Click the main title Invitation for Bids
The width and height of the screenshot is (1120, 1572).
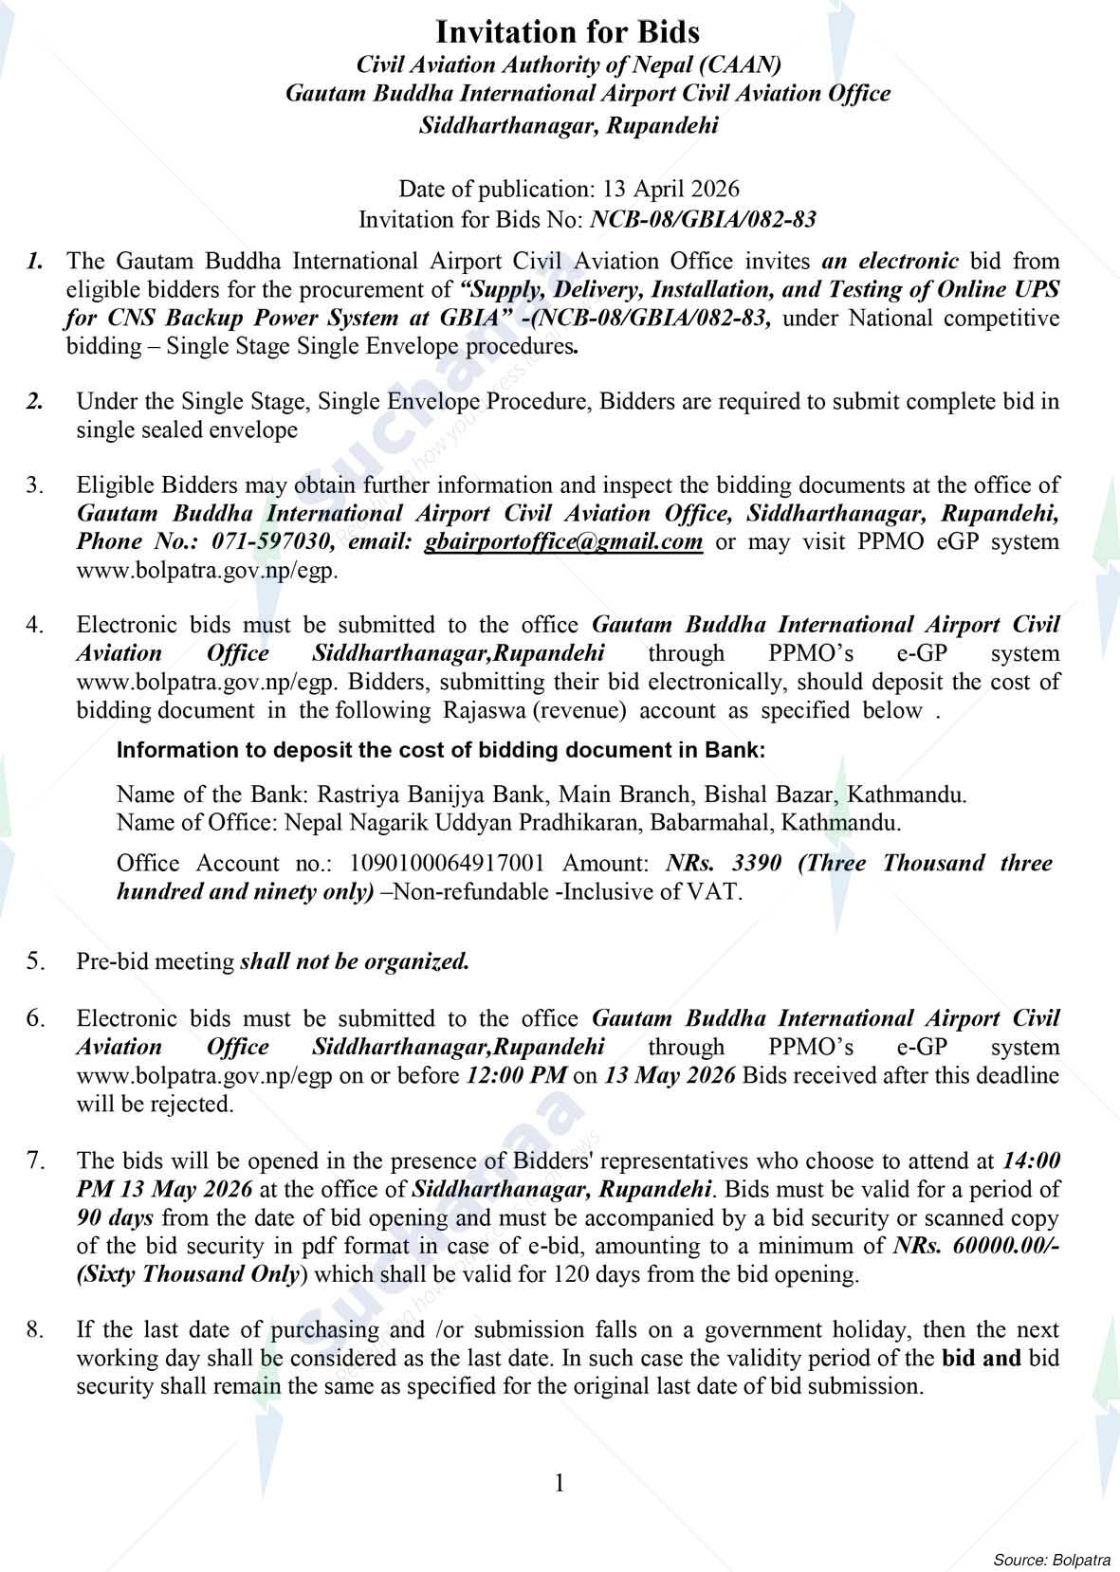567,32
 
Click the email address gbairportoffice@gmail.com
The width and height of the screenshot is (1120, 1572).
563,541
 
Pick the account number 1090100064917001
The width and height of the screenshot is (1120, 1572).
448,863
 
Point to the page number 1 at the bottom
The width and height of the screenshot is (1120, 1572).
560,1483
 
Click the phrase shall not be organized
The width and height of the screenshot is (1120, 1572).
355,961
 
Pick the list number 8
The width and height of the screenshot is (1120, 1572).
35,1330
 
